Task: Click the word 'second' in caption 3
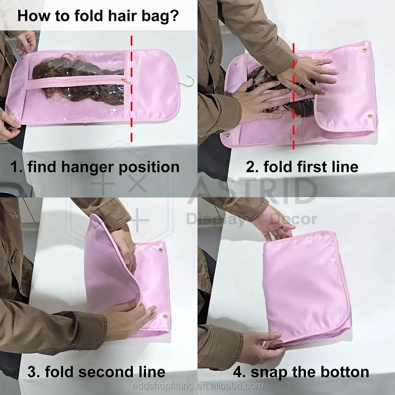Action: coord(107,372)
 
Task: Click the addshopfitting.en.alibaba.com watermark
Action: coord(197,386)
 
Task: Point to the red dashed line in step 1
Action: coord(131,88)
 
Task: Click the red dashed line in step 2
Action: coord(293,96)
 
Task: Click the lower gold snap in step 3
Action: coord(165,316)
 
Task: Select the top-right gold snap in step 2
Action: coord(365,50)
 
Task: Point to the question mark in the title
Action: coord(174,16)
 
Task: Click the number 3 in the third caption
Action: coord(32,372)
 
